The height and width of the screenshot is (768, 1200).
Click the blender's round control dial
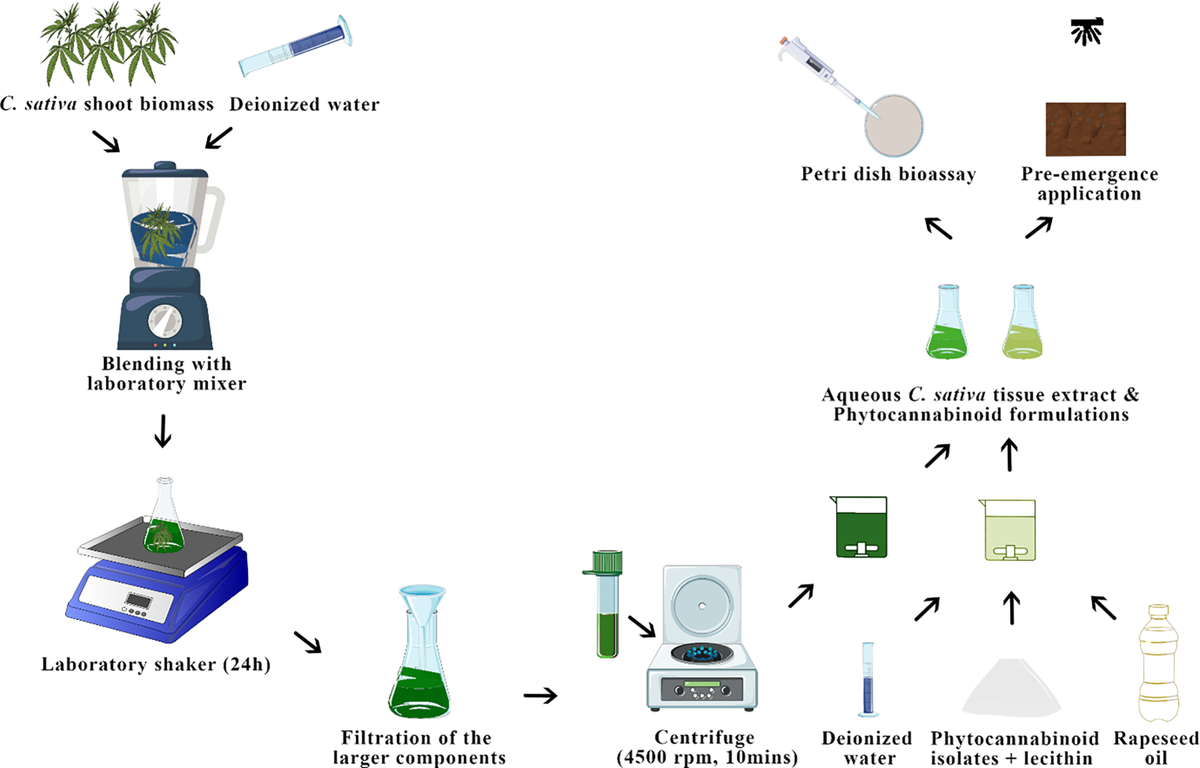pyautogui.click(x=165, y=321)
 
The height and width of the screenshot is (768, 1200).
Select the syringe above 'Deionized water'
pyautogui.click(x=295, y=46)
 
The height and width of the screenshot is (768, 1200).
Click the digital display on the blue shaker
pyautogui.click(x=139, y=602)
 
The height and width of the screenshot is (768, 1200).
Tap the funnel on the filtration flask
pyautogui.click(x=422, y=603)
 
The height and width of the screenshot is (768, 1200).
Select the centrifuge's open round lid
pyautogui.click(x=702, y=605)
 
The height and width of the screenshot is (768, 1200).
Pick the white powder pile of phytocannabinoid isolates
pyautogui.click(x=1011, y=689)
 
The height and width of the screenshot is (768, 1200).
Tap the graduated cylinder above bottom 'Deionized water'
pyautogui.click(x=868, y=679)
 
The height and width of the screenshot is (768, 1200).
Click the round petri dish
pyautogui.click(x=894, y=126)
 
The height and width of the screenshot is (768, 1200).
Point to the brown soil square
pyautogui.click(x=1085, y=129)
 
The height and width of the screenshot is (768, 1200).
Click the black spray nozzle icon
pyautogui.click(x=1087, y=32)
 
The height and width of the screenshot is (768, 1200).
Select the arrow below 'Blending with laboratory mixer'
pyautogui.click(x=163, y=431)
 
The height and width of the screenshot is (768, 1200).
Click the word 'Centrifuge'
pyautogui.click(x=704, y=738)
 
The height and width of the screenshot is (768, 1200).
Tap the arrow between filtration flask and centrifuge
pyautogui.click(x=540, y=696)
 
